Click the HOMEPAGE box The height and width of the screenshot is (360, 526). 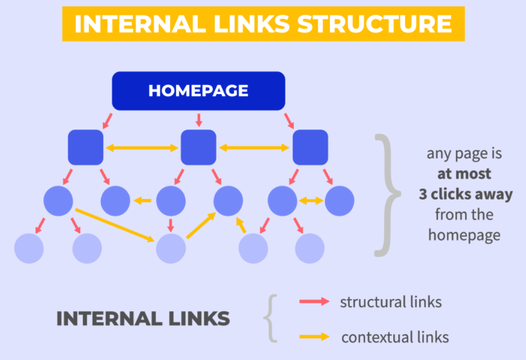pos(198,91)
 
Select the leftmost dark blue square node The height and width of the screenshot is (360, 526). pos(86,147)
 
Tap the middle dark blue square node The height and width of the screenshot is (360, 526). pos(198,147)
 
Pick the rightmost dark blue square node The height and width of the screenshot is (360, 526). pos(310,147)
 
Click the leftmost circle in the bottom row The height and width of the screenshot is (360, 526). pos(29,247)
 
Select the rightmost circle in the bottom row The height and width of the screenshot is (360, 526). pos(310,247)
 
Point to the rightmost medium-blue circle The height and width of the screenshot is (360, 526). pos(340,201)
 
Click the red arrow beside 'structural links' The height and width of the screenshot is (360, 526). pos(315,302)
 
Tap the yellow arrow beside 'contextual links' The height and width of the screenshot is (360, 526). pos(315,336)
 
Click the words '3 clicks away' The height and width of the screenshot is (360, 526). pos(466,194)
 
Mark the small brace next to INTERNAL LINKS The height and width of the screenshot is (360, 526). pos(271,318)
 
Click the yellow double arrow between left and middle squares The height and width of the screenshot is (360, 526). pos(142,147)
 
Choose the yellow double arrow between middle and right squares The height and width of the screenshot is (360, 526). pos(254,147)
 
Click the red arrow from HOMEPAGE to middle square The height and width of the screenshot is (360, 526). pos(198,119)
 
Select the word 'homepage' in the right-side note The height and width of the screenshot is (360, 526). pos(464,235)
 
